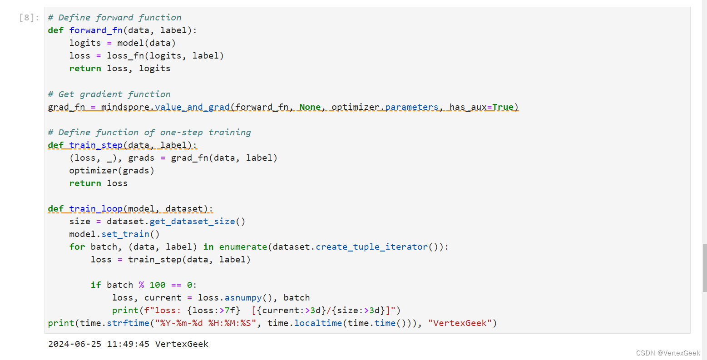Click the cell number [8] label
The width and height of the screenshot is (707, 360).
[29, 18]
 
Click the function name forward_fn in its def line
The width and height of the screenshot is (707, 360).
[96, 30]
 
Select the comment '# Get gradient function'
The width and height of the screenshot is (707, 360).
[109, 94]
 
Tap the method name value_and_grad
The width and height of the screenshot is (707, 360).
[192, 107]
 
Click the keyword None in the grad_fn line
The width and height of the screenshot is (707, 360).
[310, 107]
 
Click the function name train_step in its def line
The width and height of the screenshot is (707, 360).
[96, 145]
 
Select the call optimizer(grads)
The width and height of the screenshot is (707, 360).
[112, 171]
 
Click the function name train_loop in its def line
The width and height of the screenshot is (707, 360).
[96, 209]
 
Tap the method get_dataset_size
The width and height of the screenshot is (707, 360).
[192, 222]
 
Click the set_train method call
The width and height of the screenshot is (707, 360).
[125, 234]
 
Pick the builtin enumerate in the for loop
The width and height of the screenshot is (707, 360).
[243, 247]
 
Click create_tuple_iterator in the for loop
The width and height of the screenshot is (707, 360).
[372, 247]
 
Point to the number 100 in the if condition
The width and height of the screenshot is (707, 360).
[158, 285]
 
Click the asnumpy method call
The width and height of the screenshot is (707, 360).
[243, 298]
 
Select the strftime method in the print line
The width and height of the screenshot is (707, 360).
[128, 323]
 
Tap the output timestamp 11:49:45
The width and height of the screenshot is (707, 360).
[128, 344]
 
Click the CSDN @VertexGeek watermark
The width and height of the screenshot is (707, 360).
[668, 353]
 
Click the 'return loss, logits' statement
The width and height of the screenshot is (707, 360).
[120, 69]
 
